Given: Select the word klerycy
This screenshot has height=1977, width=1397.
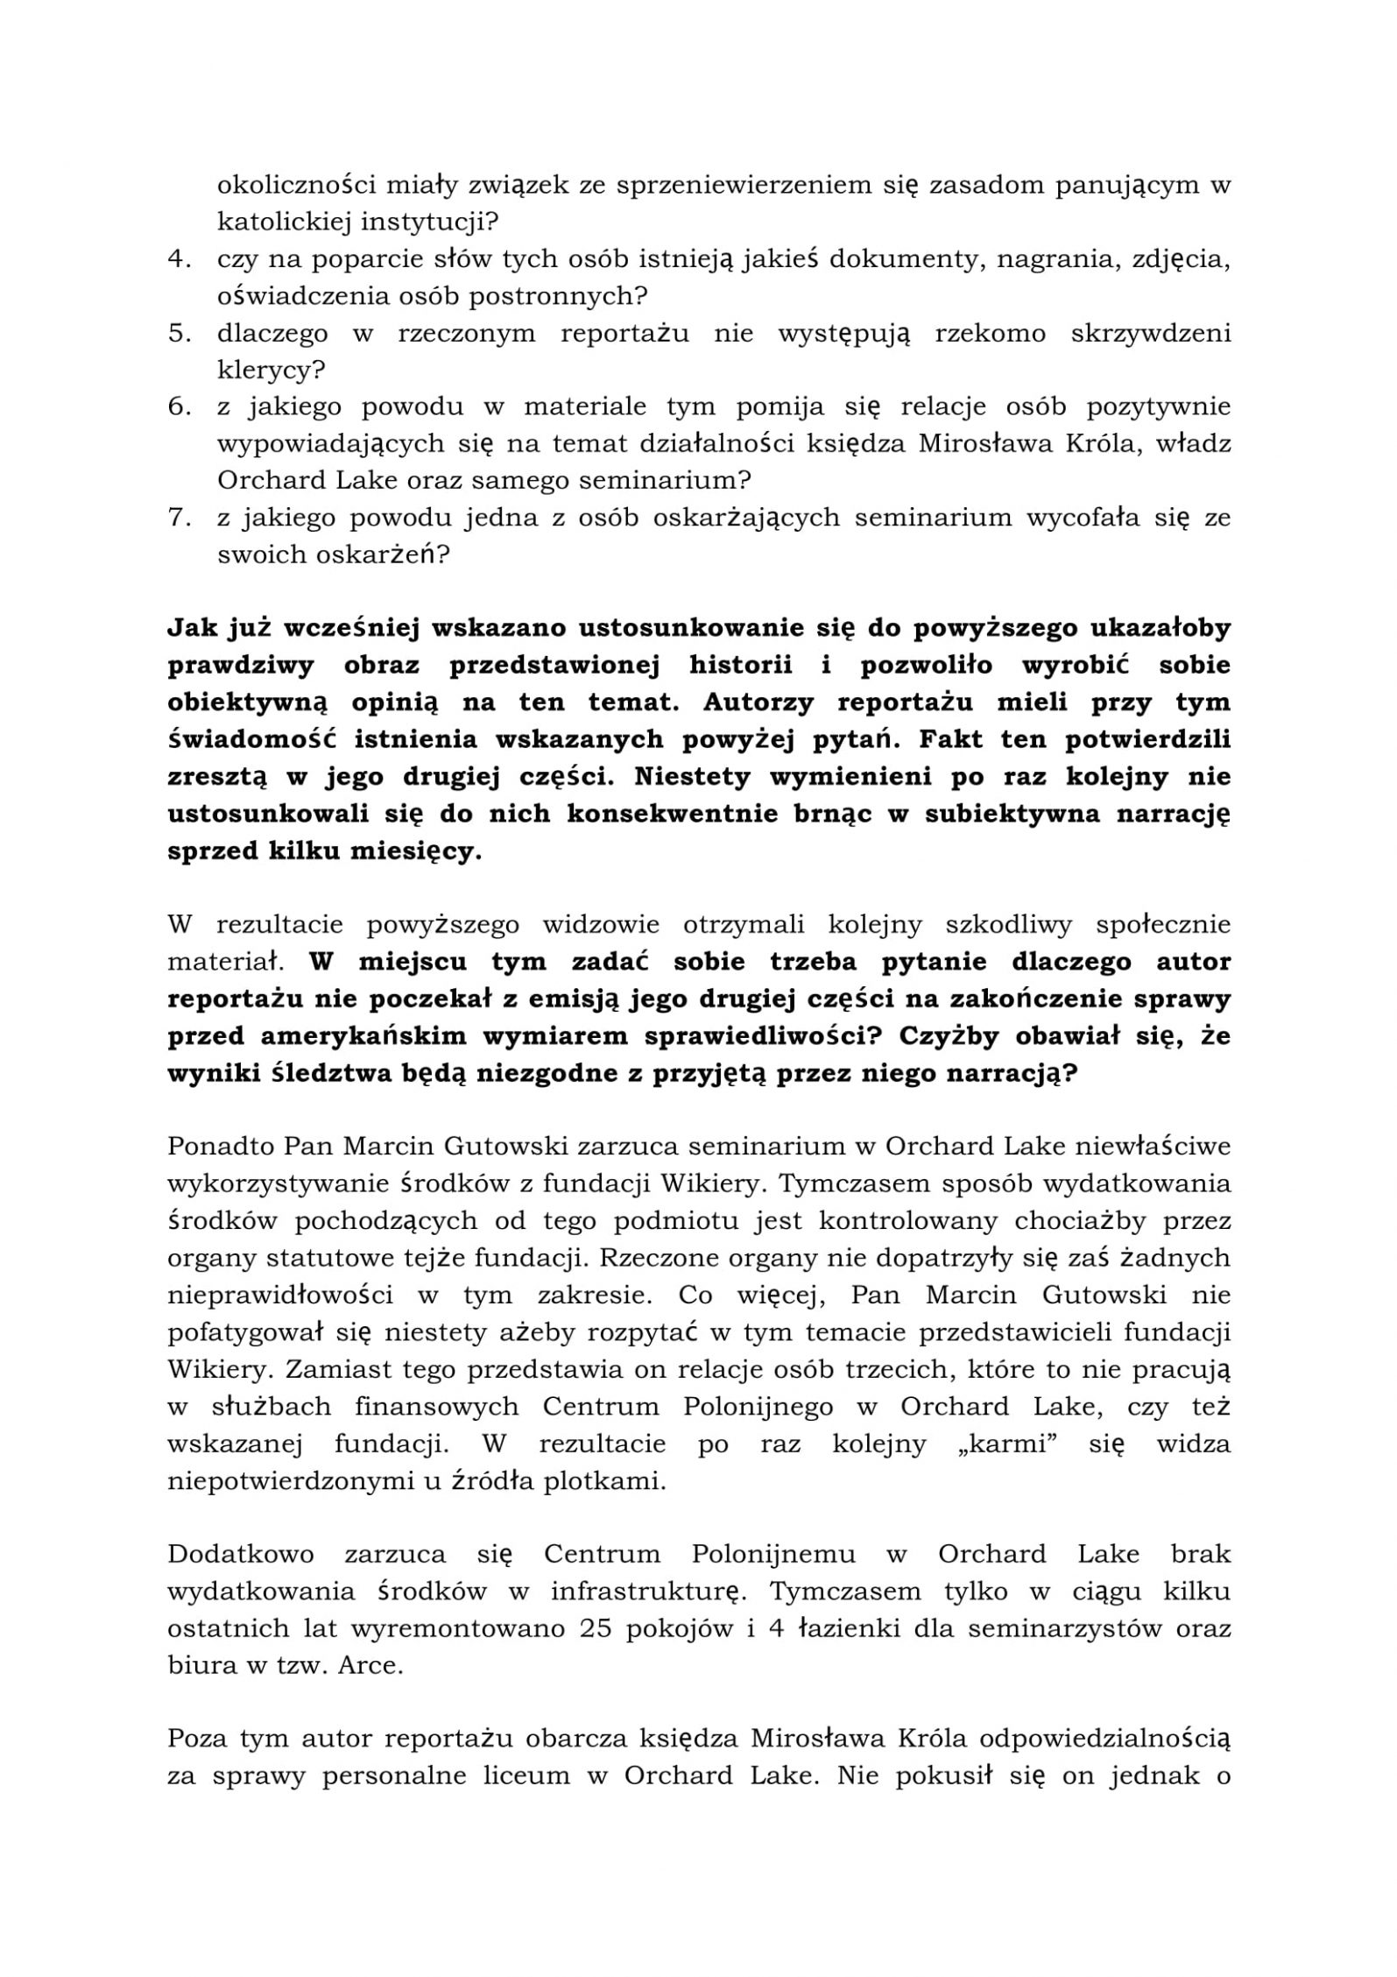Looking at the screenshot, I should [x=270, y=371].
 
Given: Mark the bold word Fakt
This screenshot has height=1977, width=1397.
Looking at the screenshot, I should [x=961, y=740].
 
